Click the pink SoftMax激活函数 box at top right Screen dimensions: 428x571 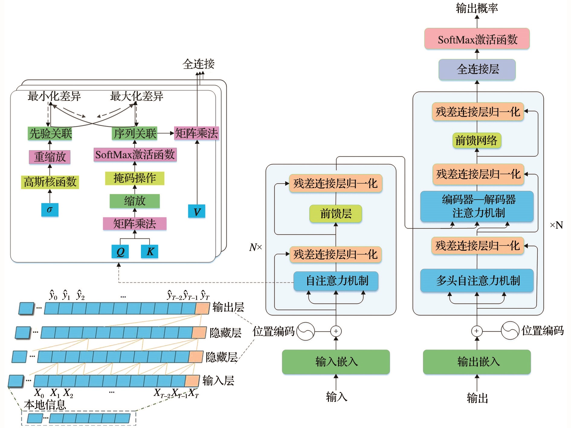(x=477, y=39)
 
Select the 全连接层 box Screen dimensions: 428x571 (x=477, y=69)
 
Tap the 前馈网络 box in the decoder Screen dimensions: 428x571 (x=476, y=140)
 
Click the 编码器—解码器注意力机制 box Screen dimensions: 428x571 (x=477, y=206)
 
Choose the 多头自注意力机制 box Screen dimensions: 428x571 (x=477, y=281)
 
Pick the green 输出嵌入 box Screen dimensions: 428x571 (x=477, y=362)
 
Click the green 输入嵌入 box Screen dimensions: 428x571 (x=336, y=362)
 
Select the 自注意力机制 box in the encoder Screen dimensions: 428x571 (x=336, y=281)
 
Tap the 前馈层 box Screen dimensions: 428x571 (x=335, y=214)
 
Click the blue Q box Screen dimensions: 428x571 (x=120, y=251)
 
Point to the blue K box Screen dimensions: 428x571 (x=150, y=251)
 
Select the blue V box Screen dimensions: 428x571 (x=197, y=211)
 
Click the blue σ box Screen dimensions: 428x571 (x=50, y=210)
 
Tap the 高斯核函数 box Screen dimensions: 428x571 (x=50, y=182)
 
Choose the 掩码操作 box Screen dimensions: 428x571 (x=134, y=178)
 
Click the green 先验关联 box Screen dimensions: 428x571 (x=50, y=133)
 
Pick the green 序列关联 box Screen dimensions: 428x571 (x=134, y=133)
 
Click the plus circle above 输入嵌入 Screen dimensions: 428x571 (x=336, y=331)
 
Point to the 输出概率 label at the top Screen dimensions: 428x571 (x=477, y=8)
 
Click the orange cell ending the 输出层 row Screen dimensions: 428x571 (x=202, y=308)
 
